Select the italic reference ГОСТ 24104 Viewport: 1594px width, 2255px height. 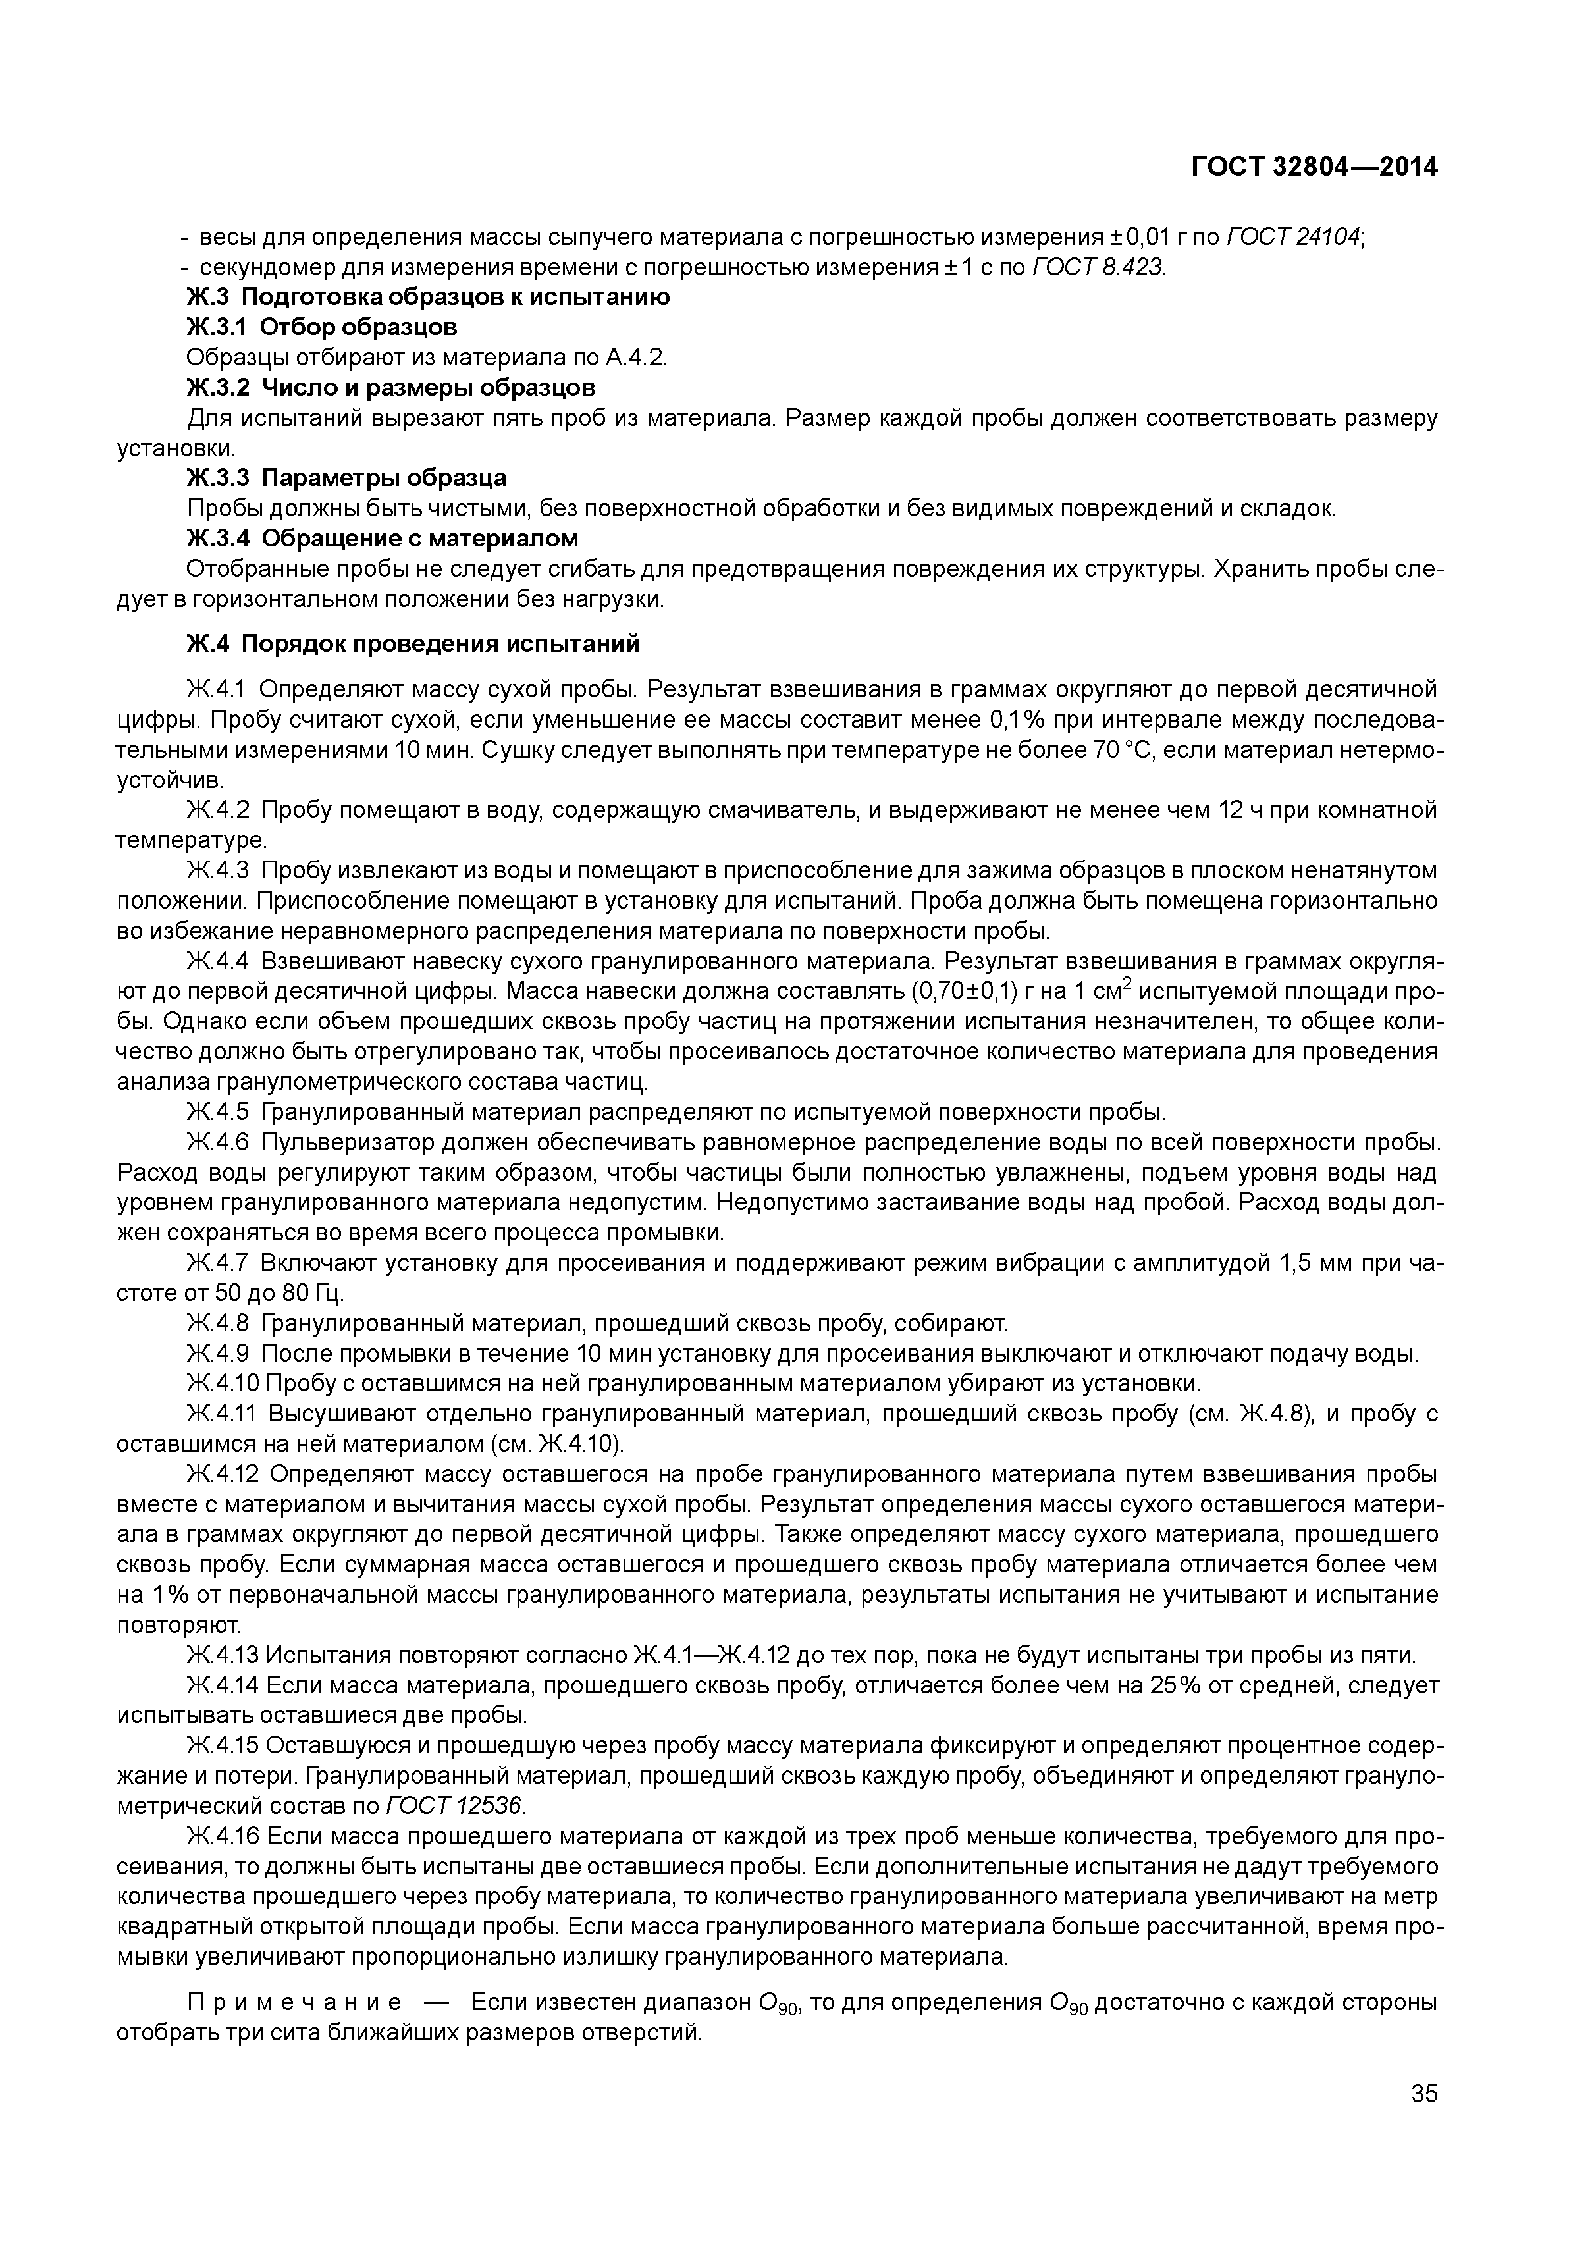1294,237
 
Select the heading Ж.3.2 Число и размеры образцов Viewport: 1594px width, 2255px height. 391,387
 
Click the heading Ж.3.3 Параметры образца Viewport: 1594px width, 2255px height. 347,477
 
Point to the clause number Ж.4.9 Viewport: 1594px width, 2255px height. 217,1354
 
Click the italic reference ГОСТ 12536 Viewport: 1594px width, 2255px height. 456,1806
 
